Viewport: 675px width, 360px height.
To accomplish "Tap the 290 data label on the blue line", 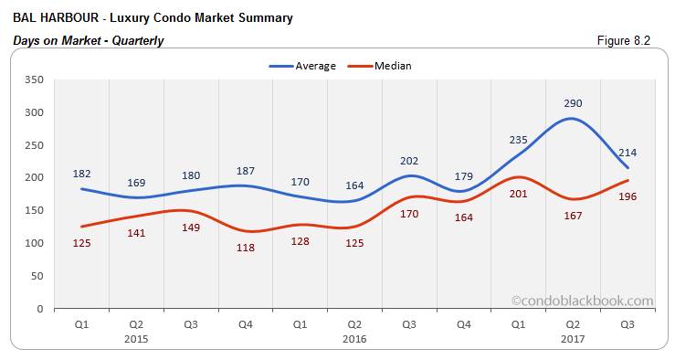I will pyautogui.click(x=573, y=103).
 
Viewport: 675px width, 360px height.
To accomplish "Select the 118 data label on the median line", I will pyautogui.click(x=246, y=248).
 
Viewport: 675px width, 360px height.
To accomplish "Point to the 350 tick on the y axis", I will pyautogui.click(x=36, y=80).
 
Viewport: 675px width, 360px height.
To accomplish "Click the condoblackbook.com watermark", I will pyautogui.click(x=582, y=300).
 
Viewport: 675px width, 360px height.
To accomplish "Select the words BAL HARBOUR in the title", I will pyautogui.click(x=54, y=17).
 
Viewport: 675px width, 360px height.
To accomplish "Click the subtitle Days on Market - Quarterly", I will pyautogui.click(x=89, y=40).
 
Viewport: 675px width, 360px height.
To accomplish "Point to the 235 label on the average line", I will pyautogui.click(x=518, y=139).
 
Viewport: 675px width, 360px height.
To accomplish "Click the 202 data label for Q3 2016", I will pyautogui.click(x=408, y=161).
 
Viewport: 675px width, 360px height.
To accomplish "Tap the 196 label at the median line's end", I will pyautogui.click(x=628, y=196).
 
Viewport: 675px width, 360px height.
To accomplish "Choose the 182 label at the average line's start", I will pyautogui.click(x=82, y=174).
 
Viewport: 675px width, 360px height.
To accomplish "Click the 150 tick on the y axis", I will pyautogui.click(x=36, y=211).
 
